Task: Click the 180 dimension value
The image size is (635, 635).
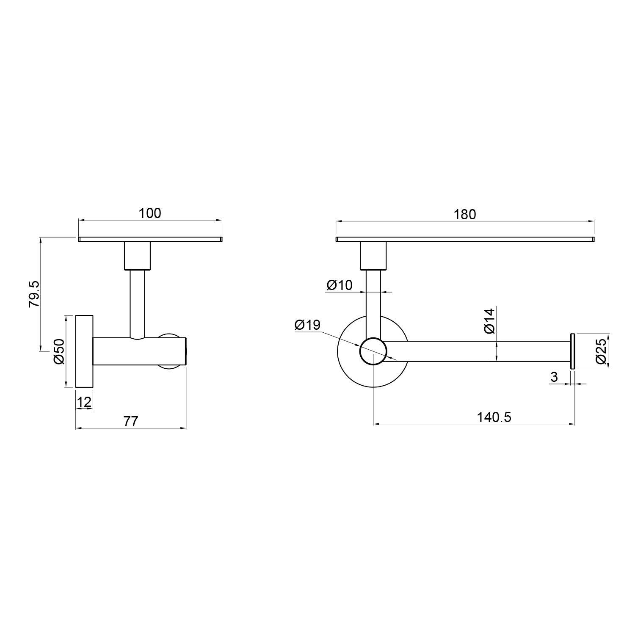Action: coord(465,215)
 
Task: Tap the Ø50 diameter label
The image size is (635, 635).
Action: coord(58,351)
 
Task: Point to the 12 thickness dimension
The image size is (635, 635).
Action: coord(84,402)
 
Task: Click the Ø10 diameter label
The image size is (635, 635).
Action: coord(339,285)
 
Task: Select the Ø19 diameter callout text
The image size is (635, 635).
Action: coord(307,325)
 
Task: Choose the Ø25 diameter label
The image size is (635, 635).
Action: coord(601,352)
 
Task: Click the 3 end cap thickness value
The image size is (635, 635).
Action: coord(555,376)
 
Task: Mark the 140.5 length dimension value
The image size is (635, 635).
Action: coord(494,417)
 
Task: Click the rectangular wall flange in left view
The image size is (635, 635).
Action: coord(84,351)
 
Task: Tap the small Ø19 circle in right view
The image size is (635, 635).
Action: coord(373,351)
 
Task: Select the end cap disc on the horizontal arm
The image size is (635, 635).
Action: coord(572,351)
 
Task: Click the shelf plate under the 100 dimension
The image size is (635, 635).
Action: coord(150,239)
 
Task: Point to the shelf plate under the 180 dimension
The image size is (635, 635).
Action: coord(465,239)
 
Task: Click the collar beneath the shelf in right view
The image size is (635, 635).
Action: coord(373,256)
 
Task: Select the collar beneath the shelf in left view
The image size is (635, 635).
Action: coord(137,256)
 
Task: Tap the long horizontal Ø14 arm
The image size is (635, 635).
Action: coord(478,351)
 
